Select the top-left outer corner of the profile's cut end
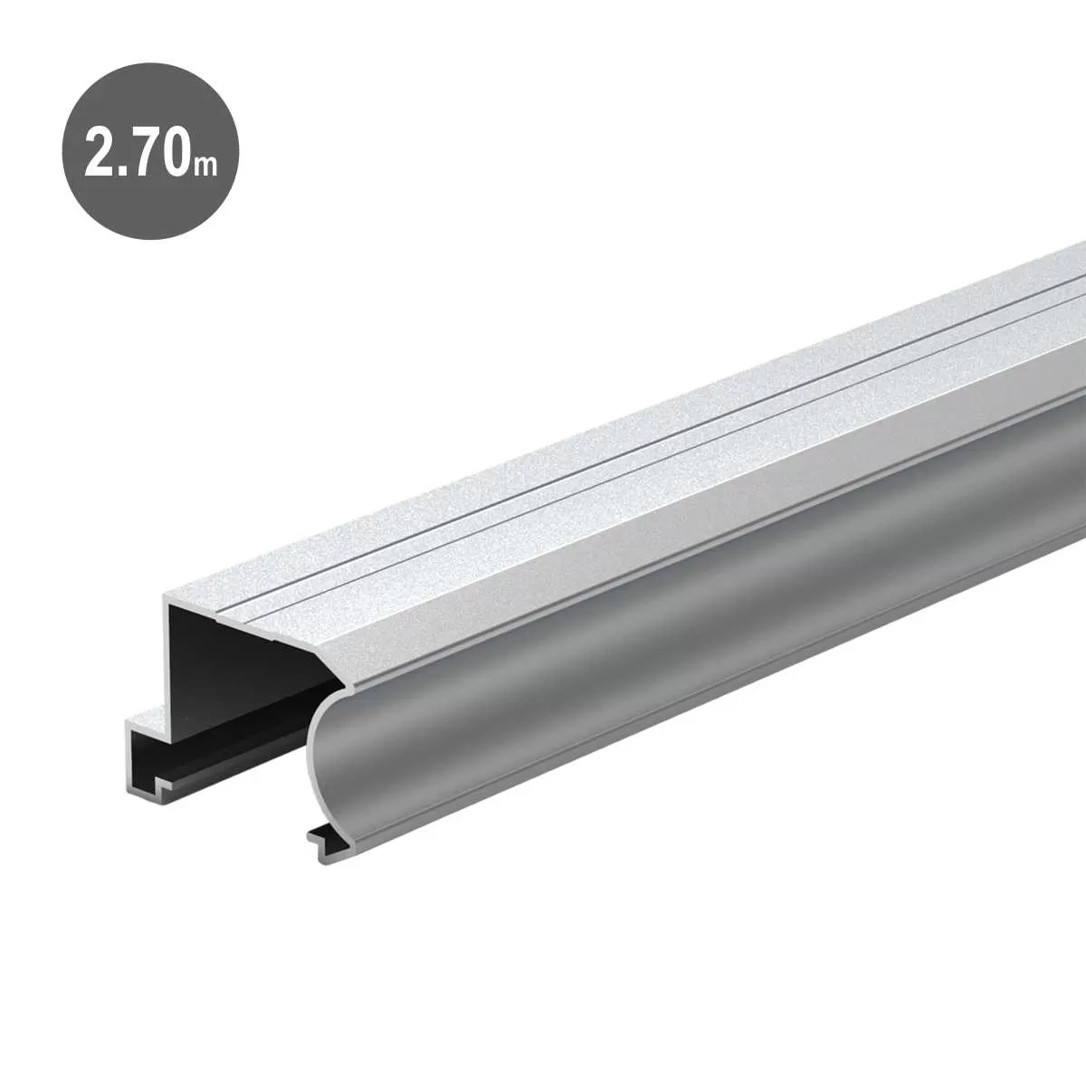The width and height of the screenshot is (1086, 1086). [x=166, y=598]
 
